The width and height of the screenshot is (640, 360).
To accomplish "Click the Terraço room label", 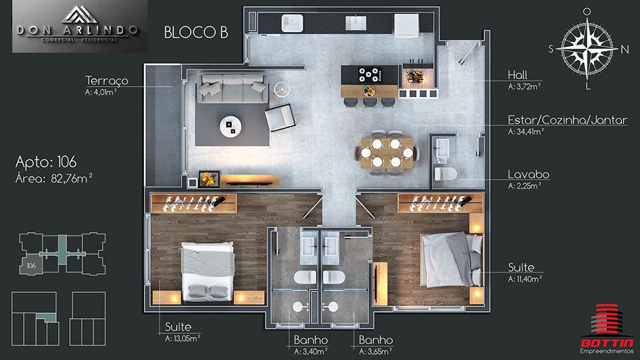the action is (106, 81).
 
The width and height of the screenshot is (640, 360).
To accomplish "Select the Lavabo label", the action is (529, 174).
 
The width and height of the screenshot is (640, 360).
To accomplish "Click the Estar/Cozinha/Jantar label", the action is (567, 120).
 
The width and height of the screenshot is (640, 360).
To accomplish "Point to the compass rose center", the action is (587, 48).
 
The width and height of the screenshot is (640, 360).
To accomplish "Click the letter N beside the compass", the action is (625, 50).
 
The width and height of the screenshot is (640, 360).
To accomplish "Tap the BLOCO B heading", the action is (196, 33).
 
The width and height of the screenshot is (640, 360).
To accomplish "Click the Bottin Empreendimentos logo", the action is (607, 329).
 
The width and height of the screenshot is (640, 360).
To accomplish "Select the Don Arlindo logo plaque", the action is (80, 26).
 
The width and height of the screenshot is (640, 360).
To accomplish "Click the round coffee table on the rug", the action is (231, 126).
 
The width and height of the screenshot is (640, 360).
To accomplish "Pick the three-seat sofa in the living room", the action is (233, 88).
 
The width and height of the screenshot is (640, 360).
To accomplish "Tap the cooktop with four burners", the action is (370, 75).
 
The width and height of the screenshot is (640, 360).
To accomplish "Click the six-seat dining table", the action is (386, 152).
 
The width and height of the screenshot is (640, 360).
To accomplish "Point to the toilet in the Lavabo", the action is (445, 174).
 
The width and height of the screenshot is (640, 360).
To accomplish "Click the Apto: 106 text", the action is (46, 162).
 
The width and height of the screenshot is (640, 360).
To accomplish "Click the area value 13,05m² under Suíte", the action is (182, 338).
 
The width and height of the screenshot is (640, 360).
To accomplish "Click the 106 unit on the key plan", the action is (31, 266).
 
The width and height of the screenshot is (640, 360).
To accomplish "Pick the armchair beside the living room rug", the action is (280, 117).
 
